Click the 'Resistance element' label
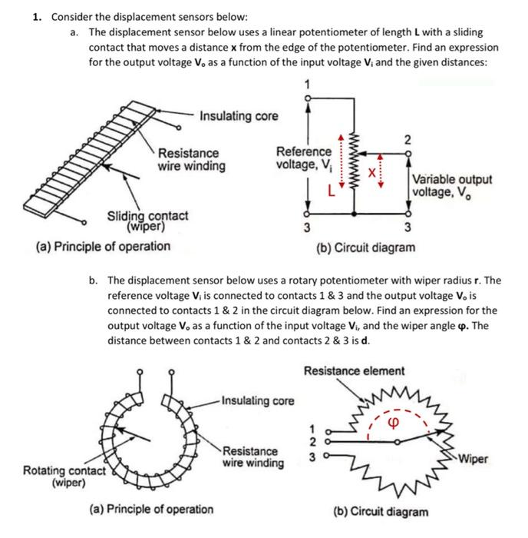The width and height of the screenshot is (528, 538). click(354, 371)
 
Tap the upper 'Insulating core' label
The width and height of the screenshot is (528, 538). click(239, 116)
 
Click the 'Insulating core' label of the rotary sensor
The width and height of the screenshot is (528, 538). click(257, 400)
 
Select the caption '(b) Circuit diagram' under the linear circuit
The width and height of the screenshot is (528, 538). click(366, 247)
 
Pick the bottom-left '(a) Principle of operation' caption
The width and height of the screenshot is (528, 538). click(158, 509)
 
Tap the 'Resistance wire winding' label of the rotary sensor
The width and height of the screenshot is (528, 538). click(251, 457)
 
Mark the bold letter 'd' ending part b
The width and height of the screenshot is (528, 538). click(368, 340)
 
